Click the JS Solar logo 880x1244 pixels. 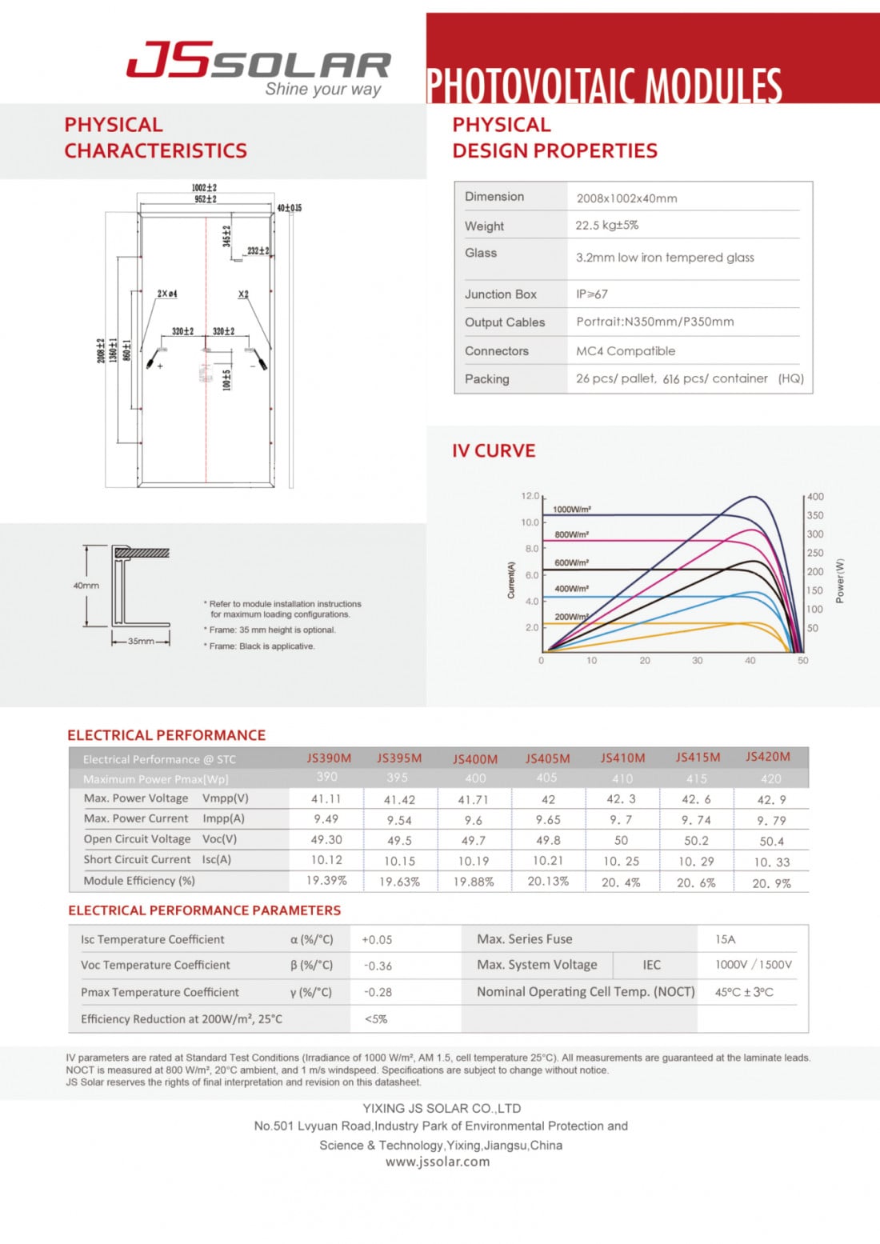(258, 67)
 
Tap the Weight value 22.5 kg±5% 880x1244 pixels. (606, 226)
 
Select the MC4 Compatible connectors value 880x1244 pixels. (625, 351)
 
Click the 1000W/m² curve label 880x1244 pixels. (572, 510)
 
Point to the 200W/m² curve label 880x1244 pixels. (571, 617)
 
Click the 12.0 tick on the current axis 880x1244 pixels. (530, 496)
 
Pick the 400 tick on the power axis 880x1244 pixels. (815, 497)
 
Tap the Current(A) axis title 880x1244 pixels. (511, 580)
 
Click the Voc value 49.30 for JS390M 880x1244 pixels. (326, 840)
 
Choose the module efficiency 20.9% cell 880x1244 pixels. (771, 883)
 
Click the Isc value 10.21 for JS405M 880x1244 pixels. (548, 861)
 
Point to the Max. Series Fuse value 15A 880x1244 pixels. (725, 939)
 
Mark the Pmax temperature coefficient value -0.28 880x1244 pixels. (378, 993)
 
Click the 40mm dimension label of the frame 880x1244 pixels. (86, 586)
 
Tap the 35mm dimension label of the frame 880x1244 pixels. (141, 641)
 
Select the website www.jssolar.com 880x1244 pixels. (438, 1162)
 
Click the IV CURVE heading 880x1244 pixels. (494, 451)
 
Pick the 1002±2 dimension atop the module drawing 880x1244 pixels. (204, 188)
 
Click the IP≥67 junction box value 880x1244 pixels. (591, 294)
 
